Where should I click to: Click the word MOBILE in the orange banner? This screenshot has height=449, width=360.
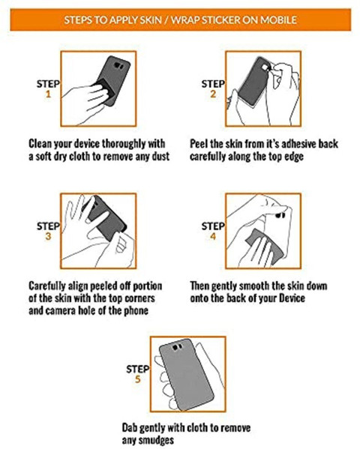pos(278,19)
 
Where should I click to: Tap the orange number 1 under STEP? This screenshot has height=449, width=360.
pos(48,94)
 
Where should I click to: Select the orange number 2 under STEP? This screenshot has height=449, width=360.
pos(213,94)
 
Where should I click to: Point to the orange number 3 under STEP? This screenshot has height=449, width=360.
pos(48,236)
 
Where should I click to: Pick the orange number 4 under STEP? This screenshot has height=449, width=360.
pos(213,236)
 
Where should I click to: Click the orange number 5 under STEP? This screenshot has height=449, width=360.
pos(138,379)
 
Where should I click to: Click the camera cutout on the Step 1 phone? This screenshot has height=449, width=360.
pos(118,66)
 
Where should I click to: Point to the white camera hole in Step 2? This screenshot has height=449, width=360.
pos(266,67)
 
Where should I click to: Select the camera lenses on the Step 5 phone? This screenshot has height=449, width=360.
pos(177,347)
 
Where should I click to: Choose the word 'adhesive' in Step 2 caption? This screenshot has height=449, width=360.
pos(299,144)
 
